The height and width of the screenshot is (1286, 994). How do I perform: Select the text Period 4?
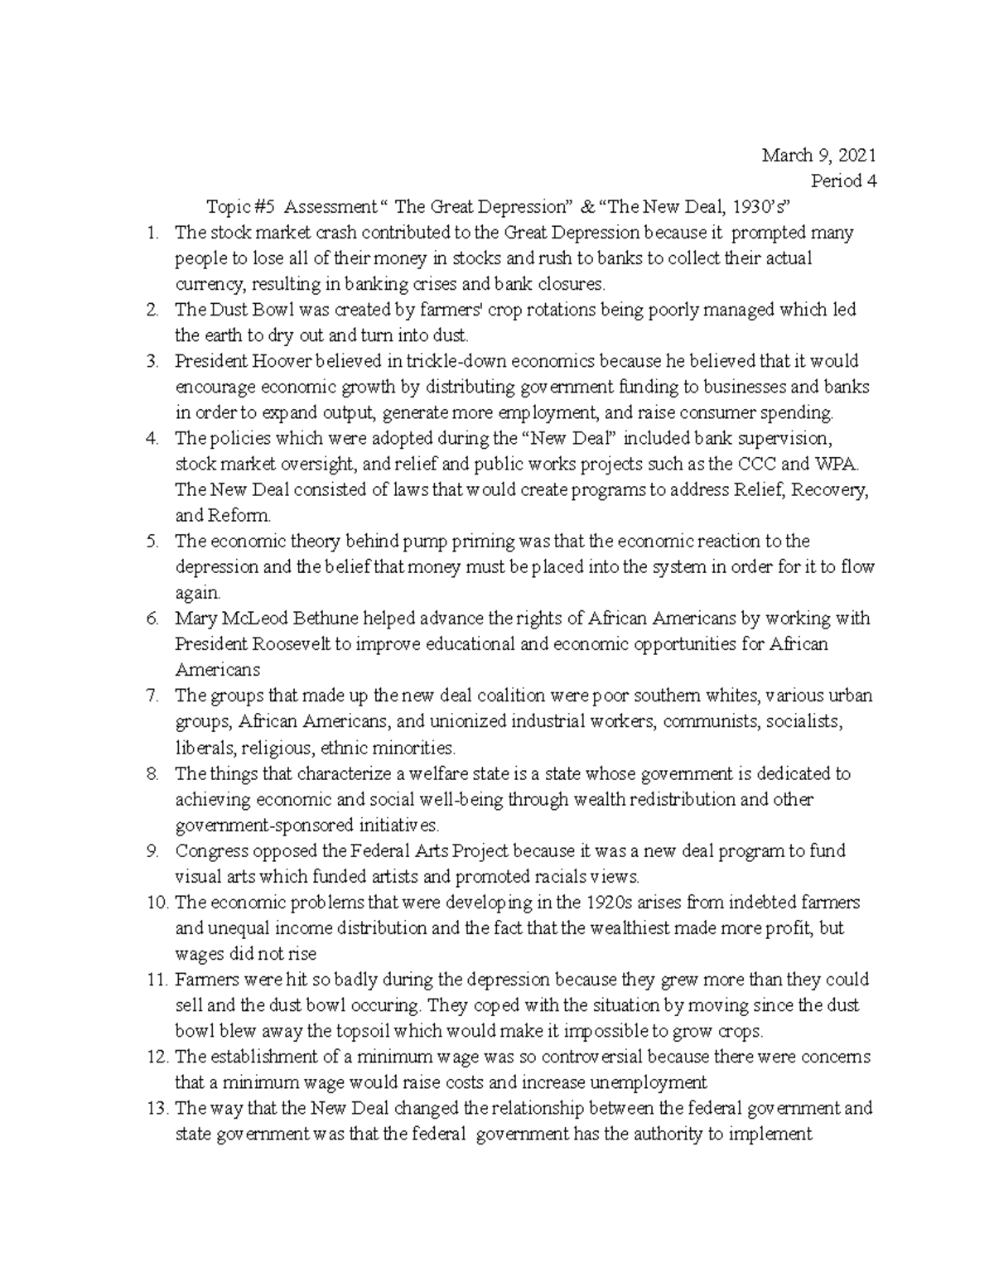click(843, 181)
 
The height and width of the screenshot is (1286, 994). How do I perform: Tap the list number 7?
click(152, 696)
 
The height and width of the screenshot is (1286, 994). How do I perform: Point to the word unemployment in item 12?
click(654, 1082)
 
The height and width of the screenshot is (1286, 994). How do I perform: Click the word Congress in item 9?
click(208, 850)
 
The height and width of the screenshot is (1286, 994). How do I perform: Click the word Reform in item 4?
click(244, 515)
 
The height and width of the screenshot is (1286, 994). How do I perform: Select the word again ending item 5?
click(197, 593)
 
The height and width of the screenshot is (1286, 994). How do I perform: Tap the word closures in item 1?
click(572, 284)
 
